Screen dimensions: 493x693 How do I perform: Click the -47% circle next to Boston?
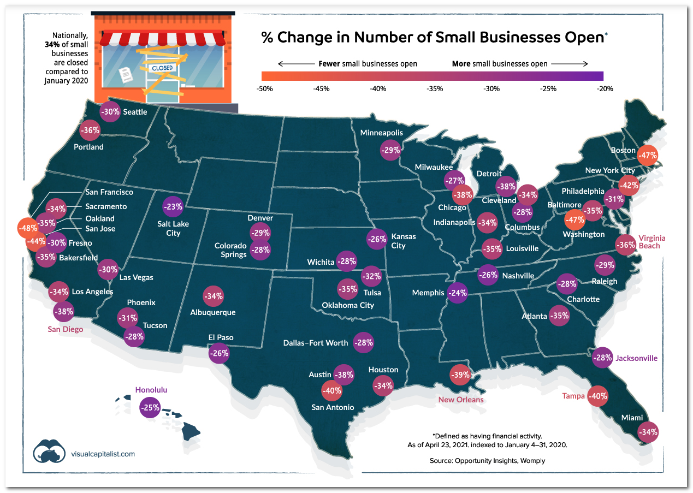click(648, 155)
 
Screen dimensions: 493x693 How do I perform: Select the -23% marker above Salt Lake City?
click(173, 206)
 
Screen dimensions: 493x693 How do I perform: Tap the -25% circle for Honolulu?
click(149, 407)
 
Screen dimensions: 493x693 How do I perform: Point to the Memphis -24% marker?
click(457, 293)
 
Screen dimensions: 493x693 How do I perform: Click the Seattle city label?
click(135, 111)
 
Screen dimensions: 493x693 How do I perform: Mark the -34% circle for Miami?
click(648, 432)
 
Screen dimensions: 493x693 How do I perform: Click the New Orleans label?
click(461, 400)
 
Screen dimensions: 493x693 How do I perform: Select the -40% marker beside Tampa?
click(597, 396)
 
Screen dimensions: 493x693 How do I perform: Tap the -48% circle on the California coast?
click(28, 228)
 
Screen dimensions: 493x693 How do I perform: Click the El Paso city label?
click(221, 337)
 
